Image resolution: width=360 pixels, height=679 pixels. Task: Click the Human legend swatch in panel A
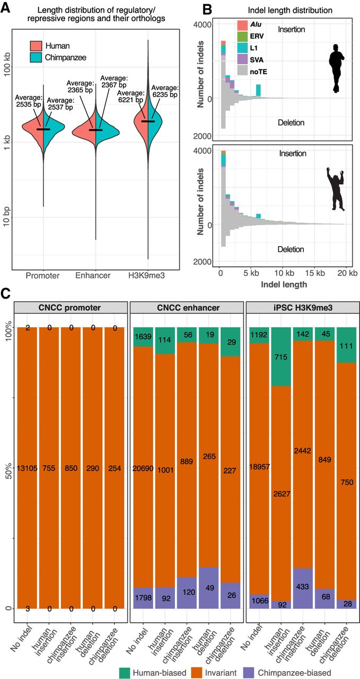36,46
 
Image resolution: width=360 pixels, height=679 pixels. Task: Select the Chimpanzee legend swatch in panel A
36,57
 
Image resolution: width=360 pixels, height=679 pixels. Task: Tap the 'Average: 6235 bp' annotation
165,91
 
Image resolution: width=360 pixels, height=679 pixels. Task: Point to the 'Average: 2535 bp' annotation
28,101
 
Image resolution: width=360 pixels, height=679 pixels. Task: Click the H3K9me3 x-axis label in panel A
146,275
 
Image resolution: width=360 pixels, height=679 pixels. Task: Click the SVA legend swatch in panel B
243,60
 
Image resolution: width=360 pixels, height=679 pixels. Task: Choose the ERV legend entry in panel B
250,36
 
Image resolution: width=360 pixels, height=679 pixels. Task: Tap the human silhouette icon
337,68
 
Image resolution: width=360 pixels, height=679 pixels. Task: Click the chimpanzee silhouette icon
336,188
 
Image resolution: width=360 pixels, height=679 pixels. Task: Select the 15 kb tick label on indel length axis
315,273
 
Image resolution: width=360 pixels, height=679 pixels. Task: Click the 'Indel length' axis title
284,284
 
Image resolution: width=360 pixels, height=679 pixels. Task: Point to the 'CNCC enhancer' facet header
188,307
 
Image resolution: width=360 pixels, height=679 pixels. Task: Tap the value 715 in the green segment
281,357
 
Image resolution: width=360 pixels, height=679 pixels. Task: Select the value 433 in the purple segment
302,586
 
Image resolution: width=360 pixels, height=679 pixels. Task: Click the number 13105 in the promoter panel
27,468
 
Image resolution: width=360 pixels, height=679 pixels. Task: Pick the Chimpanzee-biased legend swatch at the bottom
246,670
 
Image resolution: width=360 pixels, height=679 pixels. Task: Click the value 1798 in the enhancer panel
143,597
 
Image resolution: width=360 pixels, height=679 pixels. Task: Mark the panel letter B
207,10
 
